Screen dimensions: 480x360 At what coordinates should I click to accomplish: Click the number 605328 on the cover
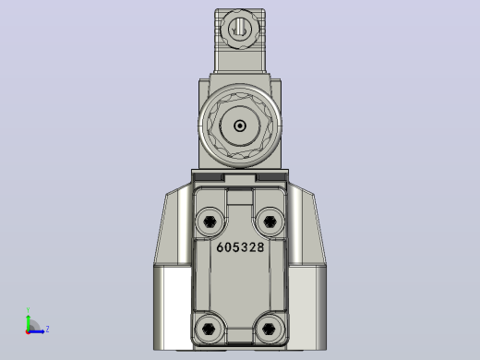coord(240,247)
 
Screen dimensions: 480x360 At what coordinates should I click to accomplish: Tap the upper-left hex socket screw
coord(210,222)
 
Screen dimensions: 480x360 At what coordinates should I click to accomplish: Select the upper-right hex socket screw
coord(270,222)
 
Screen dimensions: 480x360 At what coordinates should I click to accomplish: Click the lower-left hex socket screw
coord(210,329)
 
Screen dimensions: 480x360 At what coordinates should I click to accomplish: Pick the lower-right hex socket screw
coord(270,329)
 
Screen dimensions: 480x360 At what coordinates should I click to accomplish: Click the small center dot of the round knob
coord(240,126)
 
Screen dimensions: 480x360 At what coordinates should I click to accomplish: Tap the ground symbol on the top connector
coord(239,30)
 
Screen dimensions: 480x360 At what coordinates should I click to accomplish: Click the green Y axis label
coord(28,310)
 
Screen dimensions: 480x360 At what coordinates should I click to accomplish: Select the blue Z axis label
coord(47,330)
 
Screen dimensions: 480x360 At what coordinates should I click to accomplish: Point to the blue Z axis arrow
coord(37,331)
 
